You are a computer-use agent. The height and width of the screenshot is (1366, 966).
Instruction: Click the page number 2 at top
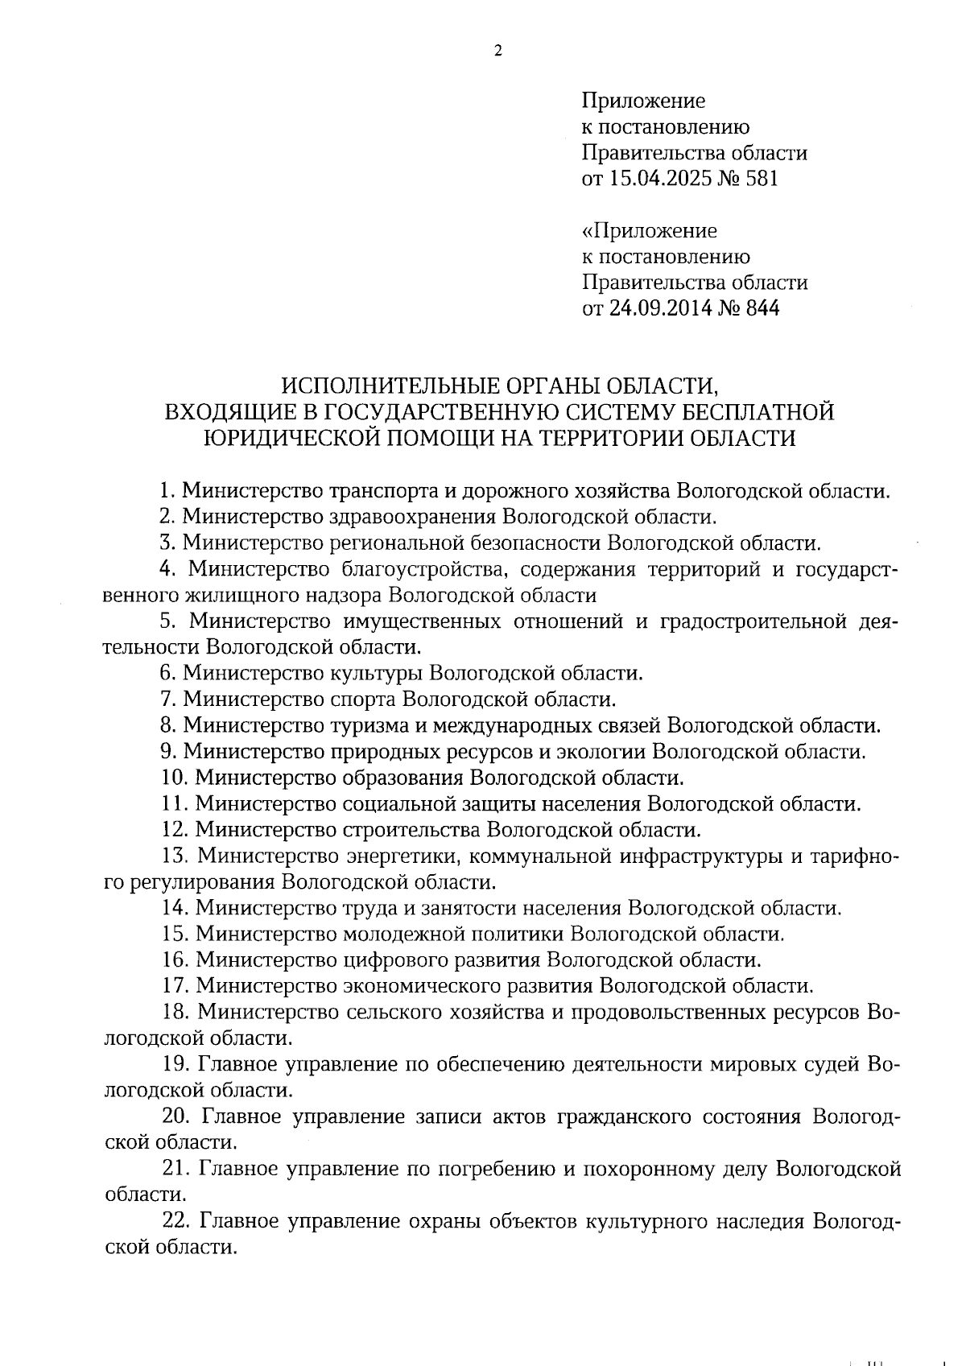[x=497, y=52]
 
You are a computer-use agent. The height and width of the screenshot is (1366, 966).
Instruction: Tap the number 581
[x=762, y=179]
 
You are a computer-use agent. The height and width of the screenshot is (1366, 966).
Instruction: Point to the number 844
[x=762, y=308]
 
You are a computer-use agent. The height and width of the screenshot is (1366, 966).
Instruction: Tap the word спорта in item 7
[x=363, y=700]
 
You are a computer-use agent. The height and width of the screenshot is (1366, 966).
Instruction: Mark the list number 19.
[x=175, y=1064]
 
